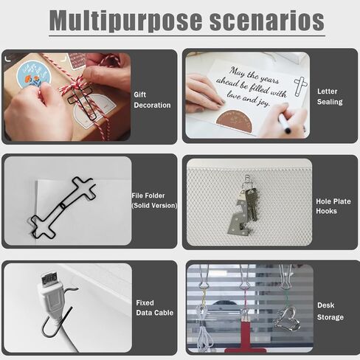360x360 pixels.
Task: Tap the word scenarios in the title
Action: (x=267, y=21)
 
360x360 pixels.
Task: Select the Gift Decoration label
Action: (x=152, y=100)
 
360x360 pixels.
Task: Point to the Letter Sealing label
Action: (x=329, y=96)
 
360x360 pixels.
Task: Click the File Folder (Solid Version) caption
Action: (x=153, y=200)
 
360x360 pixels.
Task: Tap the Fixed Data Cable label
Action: (x=155, y=308)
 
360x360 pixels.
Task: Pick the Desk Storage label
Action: (x=330, y=311)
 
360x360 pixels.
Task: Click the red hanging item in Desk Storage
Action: (x=243, y=346)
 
